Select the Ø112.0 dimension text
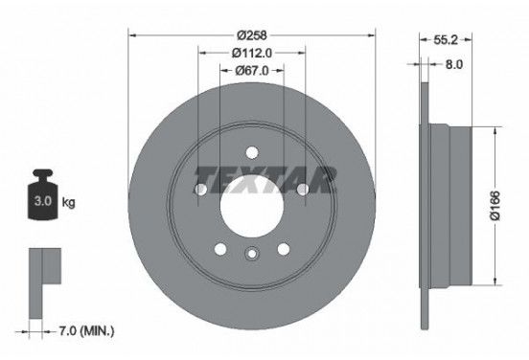251,54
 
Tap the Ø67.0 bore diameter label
252,70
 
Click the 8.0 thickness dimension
454,66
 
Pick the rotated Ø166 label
491,202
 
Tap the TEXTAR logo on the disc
265,178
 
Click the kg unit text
68,204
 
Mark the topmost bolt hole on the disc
251,150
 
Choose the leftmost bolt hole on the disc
200,190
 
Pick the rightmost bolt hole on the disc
303,190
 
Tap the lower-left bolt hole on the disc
220,249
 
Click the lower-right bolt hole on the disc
284,249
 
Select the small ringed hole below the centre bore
252,254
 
